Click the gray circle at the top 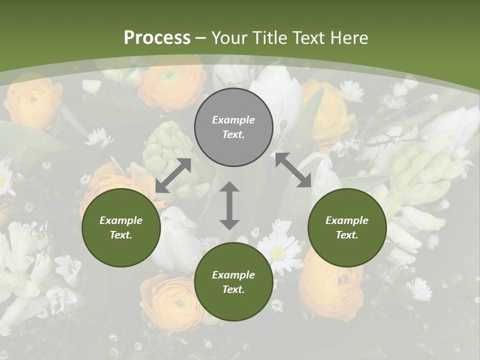(x=233, y=127)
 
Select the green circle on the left (x=121, y=227)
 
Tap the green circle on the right (x=347, y=227)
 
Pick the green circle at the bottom (x=233, y=282)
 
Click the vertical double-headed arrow (x=229, y=205)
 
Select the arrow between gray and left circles (x=173, y=175)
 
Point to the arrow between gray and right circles (x=293, y=170)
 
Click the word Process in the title (x=157, y=38)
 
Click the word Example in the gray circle (x=233, y=120)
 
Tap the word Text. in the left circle (x=121, y=235)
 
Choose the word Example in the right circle (x=347, y=220)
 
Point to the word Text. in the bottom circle (x=233, y=289)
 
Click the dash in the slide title (x=201, y=38)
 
